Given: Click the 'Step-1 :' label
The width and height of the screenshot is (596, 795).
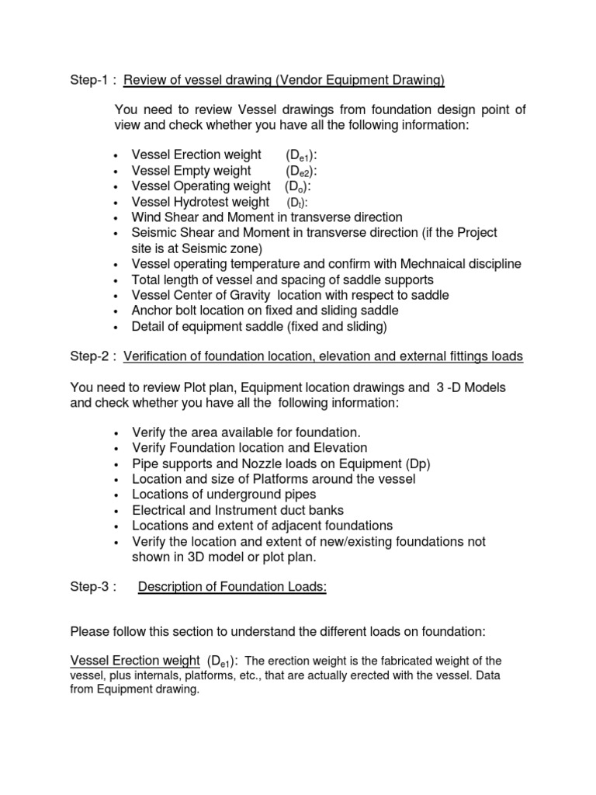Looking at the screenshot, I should click(92, 80).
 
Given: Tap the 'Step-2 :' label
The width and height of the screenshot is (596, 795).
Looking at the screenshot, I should click(92, 356).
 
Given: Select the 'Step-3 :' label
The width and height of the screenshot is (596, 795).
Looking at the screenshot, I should click(92, 588).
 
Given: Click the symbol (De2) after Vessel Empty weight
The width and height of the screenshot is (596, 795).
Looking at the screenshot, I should click(302, 171).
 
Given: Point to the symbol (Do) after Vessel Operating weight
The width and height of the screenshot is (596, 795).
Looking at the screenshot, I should click(299, 186).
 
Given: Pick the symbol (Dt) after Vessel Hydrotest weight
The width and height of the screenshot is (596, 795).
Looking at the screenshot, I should click(298, 202).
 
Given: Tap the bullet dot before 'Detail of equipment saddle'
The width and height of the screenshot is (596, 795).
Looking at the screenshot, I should click(116, 327).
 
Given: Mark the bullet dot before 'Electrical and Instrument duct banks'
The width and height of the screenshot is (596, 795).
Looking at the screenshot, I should click(116, 510).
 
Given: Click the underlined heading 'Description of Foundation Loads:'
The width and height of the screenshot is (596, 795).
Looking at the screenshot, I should click(232, 588).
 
